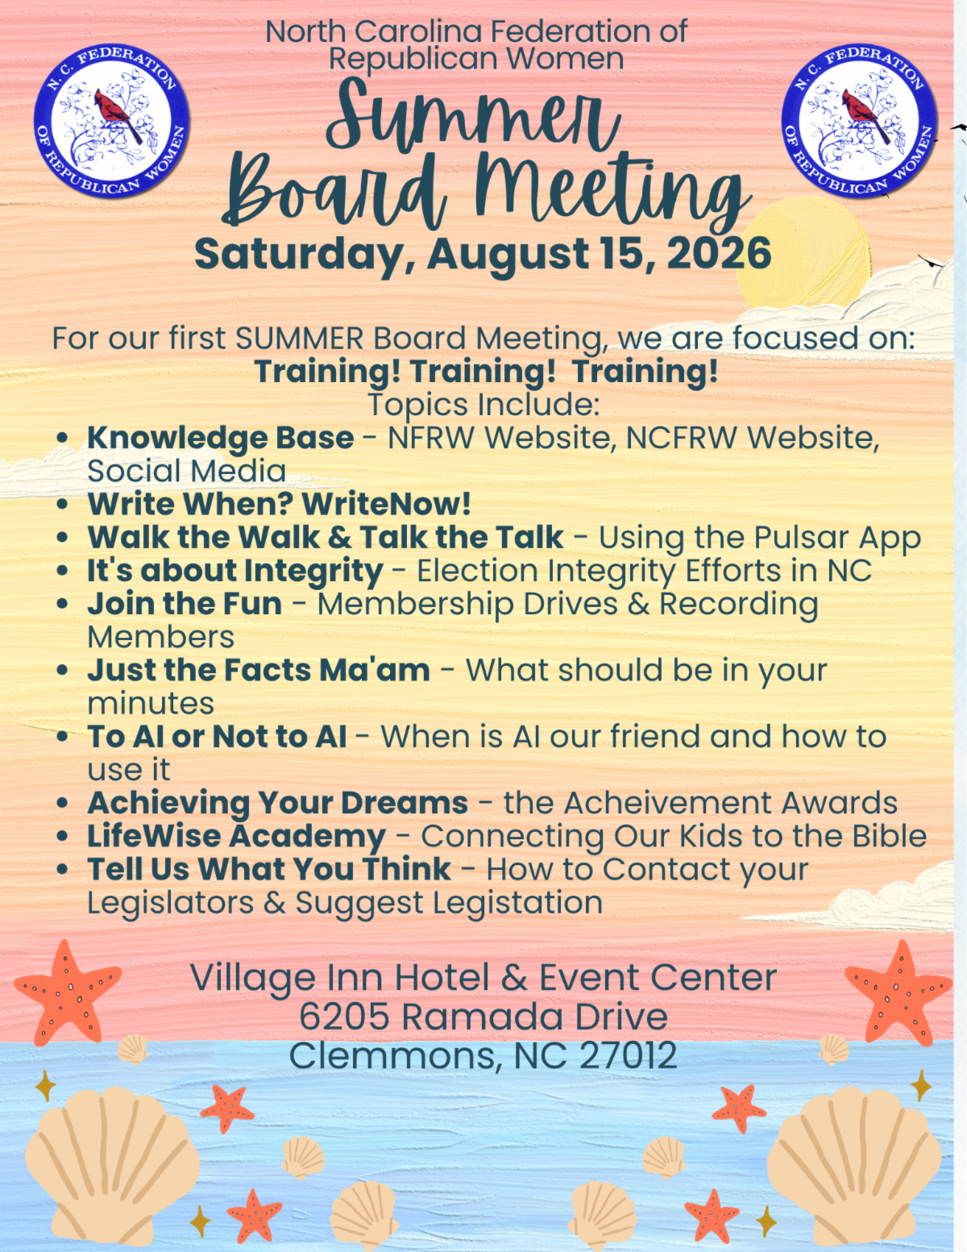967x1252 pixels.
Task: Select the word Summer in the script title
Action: click(473, 116)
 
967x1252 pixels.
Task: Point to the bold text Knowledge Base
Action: click(221, 439)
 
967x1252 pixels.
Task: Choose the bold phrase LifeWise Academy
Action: click(236, 837)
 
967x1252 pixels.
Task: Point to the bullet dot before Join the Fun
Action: click(63, 605)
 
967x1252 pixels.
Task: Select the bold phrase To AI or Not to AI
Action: click(217, 737)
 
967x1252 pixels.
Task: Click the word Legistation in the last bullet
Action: click(518, 903)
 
